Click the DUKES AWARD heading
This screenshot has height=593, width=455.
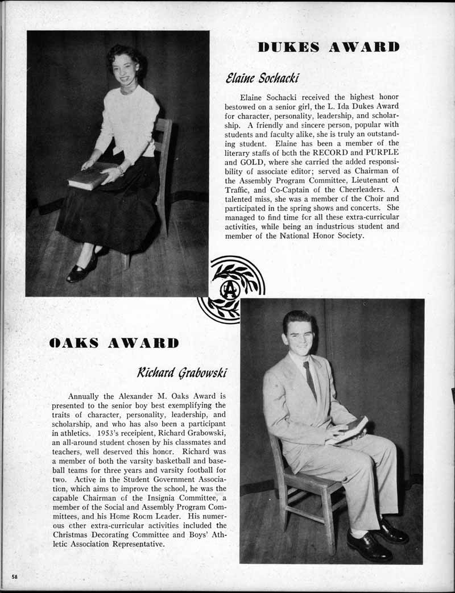(x=328, y=47)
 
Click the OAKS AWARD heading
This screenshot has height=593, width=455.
(x=114, y=342)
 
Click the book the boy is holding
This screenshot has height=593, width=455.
(x=350, y=429)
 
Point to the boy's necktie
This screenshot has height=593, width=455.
(x=309, y=380)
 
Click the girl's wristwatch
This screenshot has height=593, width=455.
(x=120, y=169)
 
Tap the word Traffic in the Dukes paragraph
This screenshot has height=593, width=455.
(x=239, y=189)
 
